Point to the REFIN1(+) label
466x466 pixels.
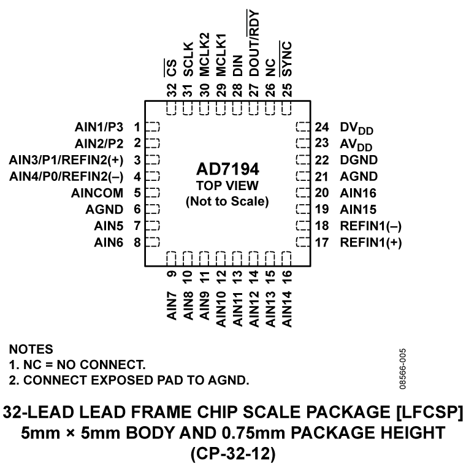(x=371, y=242)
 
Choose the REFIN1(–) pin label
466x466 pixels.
(x=371, y=225)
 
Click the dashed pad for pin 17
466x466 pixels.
(x=302, y=242)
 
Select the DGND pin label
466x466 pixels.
(x=359, y=160)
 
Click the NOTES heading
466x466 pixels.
(x=31, y=349)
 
